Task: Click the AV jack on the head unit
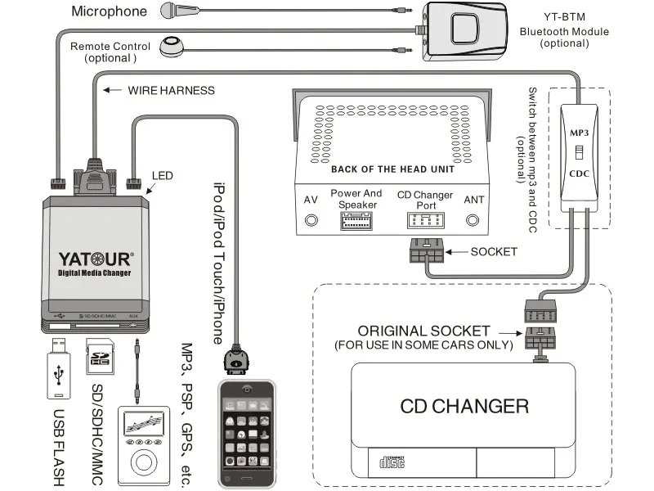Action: pos(311,219)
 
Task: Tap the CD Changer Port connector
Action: pos(425,221)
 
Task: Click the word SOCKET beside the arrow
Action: pos(494,251)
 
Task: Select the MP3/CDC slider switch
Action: pos(579,152)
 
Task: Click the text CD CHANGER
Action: pos(464,406)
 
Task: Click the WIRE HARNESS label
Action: pos(171,90)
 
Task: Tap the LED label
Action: pos(163,175)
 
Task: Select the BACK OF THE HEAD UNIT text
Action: pos(392,169)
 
